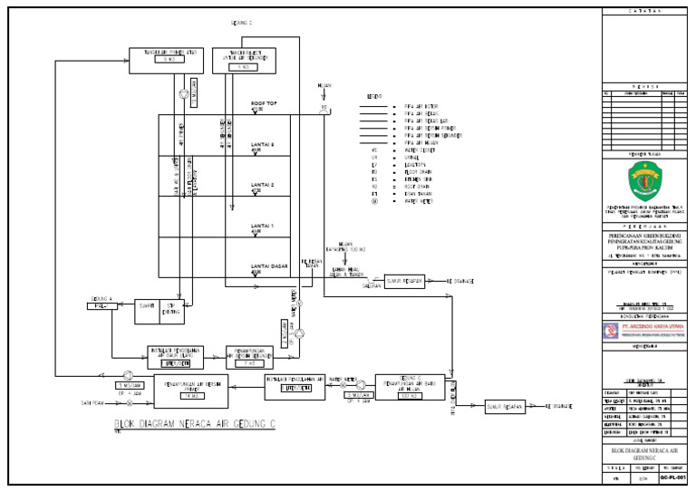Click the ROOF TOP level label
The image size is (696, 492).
pos(264,104)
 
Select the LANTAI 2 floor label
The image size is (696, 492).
pos(263,185)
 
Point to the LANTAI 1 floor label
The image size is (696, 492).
pos(263,226)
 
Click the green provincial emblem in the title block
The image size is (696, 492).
pos(645,179)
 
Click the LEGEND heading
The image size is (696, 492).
pos(373,96)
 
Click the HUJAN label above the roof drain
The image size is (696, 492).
pos(324,86)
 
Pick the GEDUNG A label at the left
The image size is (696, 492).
pos(101,298)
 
